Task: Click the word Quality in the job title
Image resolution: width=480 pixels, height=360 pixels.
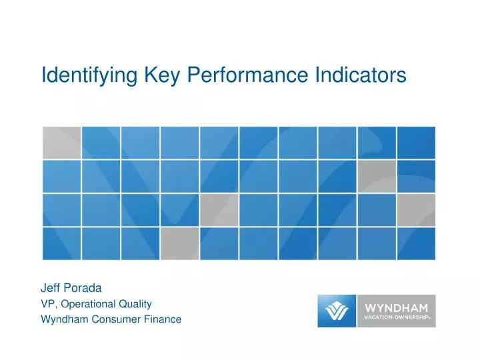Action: pos(137,304)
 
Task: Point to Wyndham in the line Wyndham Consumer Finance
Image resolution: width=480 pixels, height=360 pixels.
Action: pos(63,319)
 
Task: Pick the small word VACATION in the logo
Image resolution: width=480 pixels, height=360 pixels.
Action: pos(381,318)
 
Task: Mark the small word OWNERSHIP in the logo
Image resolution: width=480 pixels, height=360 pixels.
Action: pos(413,318)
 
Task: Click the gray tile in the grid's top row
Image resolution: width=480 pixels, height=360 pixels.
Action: pos(61,143)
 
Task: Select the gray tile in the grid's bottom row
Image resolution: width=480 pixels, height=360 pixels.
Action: pos(179,243)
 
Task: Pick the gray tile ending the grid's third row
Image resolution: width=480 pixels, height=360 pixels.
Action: pos(416,210)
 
